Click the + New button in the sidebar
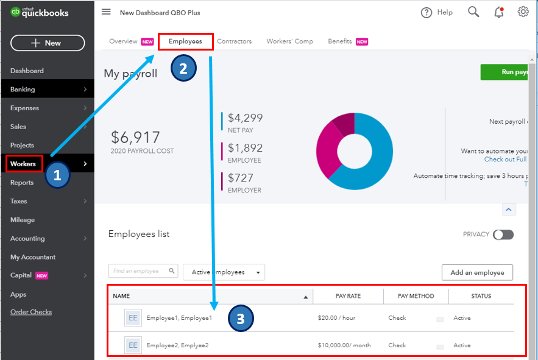point(48,43)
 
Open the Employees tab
point(185,41)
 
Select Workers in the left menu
point(24,164)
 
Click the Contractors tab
point(234,41)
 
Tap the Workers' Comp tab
point(289,41)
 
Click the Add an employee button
point(476,272)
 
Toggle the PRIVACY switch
point(503,235)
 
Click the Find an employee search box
point(139,271)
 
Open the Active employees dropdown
point(224,272)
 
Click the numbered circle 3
point(241,319)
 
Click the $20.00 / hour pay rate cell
point(336,318)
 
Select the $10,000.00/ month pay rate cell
point(344,345)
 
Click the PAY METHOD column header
point(416,296)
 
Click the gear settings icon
point(523,12)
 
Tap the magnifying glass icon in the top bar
point(473,12)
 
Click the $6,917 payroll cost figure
point(135,138)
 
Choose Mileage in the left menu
point(23,220)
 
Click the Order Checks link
point(31,312)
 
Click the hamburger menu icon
point(106,12)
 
